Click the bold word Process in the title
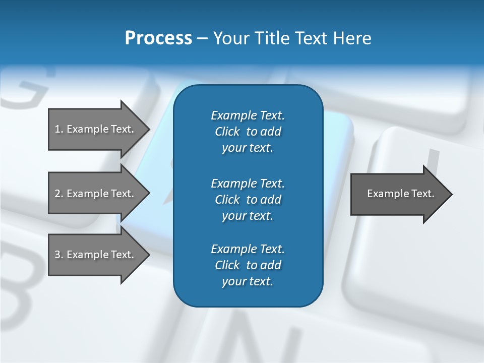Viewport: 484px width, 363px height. tap(158, 38)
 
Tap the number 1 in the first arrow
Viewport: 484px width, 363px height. tap(57, 129)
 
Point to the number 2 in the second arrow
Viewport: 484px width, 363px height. tap(57, 194)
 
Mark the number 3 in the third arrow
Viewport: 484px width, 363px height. tap(57, 255)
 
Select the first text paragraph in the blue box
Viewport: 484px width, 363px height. tap(248, 132)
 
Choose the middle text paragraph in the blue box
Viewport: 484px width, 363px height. tap(248, 200)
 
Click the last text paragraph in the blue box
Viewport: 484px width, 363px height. tap(248, 265)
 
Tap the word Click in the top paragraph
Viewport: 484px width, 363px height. tap(227, 132)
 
